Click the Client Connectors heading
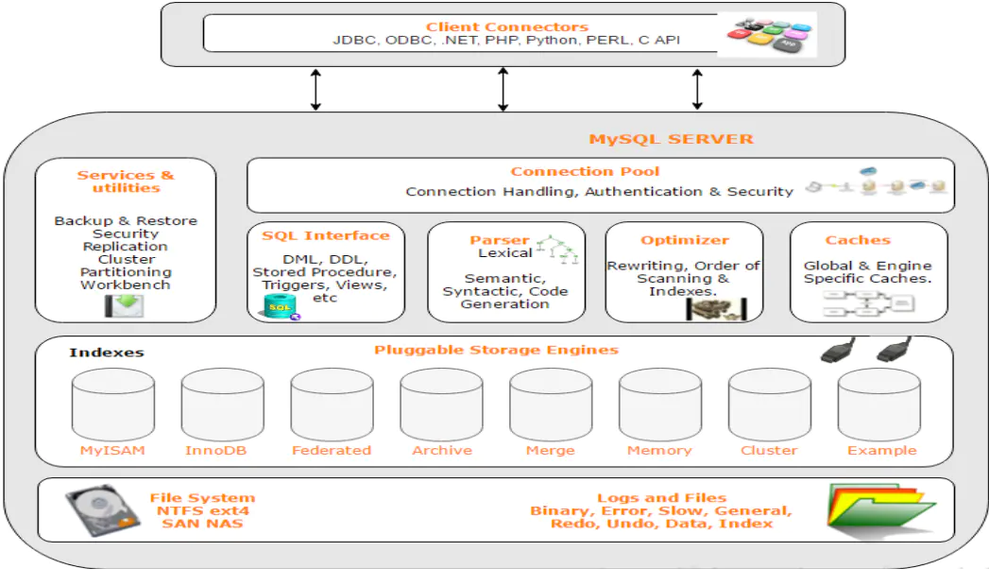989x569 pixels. (x=506, y=26)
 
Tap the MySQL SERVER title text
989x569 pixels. (x=671, y=139)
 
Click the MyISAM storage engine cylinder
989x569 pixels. (x=112, y=405)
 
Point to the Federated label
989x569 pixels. (x=331, y=451)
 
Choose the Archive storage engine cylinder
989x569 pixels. (x=440, y=405)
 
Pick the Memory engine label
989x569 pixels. (x=658, y=451)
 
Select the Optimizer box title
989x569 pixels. (x=684, y=240)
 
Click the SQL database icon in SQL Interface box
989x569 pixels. (x=280, y=306)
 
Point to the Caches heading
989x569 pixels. (x=858, y=240)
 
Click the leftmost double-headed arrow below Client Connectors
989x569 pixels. (x=315, y=89)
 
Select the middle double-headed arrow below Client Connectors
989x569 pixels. (x=503, y=89)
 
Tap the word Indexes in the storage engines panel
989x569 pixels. (x=106, y=353)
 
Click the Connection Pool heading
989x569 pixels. (x=585, y=171)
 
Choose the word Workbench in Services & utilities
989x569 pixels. (x=126, y=284)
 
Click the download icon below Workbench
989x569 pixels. (x=125, y=305)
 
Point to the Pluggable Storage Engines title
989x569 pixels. (x=495, y=350)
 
